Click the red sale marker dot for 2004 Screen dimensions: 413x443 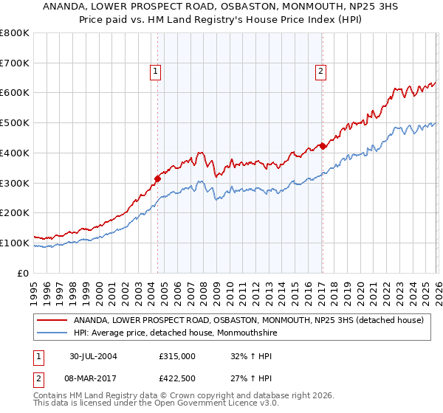[x=158, y=178]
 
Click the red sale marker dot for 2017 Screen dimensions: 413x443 [x=323, y=145]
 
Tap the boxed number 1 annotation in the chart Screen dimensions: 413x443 [x=157, y=72]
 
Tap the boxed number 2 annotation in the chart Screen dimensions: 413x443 [x=321, y=72]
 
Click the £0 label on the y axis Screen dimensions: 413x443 [x=22, y=273]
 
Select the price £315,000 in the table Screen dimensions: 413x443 [x=177, y=356]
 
